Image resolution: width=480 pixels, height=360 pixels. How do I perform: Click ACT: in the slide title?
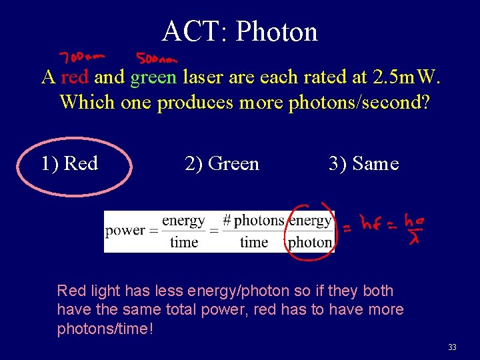[195, 31]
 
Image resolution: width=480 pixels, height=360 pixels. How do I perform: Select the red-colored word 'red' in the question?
[75, 77]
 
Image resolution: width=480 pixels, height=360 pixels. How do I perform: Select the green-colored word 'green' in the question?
[153, 77]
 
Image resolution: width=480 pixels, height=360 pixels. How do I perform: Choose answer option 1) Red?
[69, 163]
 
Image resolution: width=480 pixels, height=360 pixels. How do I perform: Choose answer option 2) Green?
[221, 163]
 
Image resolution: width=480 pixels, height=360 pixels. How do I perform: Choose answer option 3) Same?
[363, 163]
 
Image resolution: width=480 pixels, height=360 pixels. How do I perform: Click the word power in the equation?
[125, 231]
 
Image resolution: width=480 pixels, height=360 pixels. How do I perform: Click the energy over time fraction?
[183, 231]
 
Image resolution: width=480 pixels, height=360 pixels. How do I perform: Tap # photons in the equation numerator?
[253, 220]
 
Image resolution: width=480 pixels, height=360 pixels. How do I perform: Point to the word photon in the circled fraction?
[310, 242]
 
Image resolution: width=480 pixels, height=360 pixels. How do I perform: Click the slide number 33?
[452, 347]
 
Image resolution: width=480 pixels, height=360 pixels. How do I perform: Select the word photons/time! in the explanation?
[105, 329]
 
